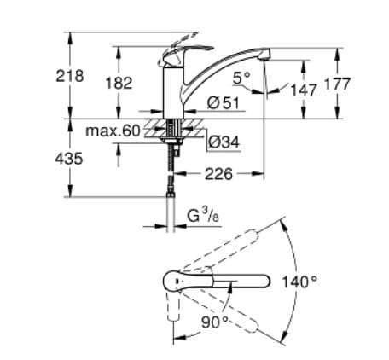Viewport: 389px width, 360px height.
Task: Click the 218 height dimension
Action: click(70, 76)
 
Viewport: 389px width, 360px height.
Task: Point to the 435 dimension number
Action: click(70, 159)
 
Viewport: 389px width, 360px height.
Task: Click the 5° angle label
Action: click(241, 78)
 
